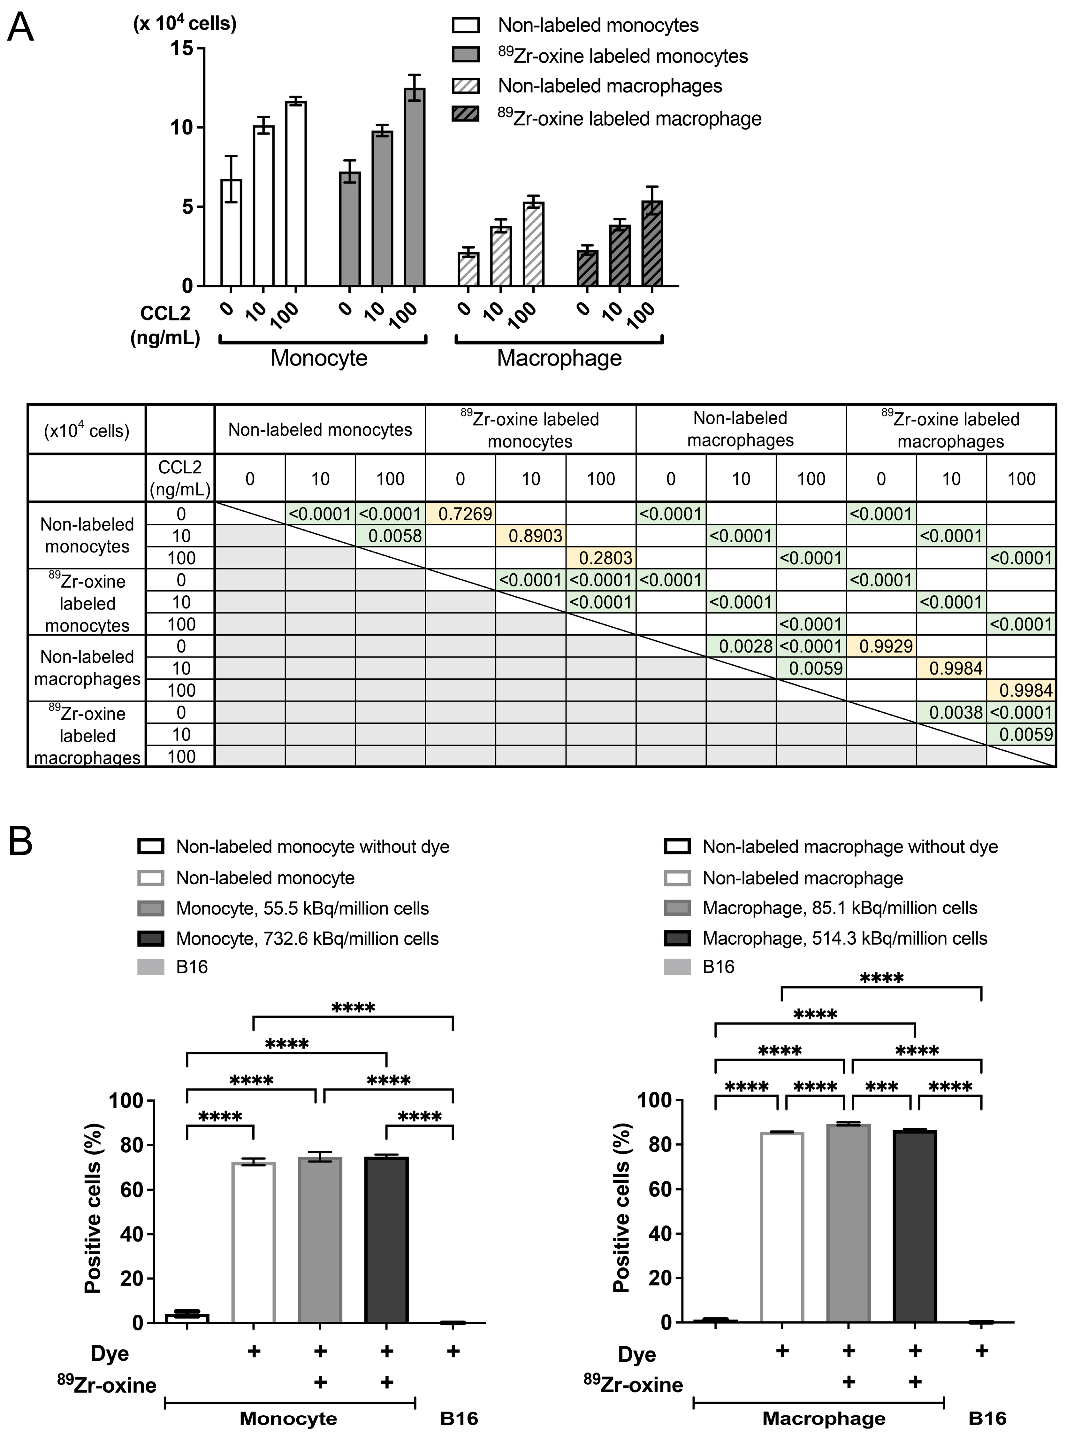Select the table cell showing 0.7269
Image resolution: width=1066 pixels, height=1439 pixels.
tap(460, 514)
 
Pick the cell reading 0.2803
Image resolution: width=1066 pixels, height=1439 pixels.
tap(601, 558)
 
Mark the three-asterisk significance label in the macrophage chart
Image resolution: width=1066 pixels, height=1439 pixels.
tap(881, 1088)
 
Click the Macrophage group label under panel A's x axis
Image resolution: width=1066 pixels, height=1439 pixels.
tap(559, 358)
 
